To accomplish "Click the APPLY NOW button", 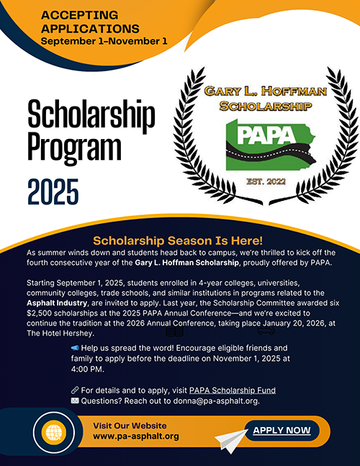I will [x=282, y=431].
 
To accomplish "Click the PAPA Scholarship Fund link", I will [x=237, y=390].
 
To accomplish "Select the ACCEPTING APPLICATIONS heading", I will [x=90, y=22].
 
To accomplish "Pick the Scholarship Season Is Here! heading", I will [x=179, y=241].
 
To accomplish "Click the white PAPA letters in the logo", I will [x=254, y=136].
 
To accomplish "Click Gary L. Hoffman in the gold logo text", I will [x=255, y=92].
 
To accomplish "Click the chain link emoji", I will [x=74, y=390].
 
